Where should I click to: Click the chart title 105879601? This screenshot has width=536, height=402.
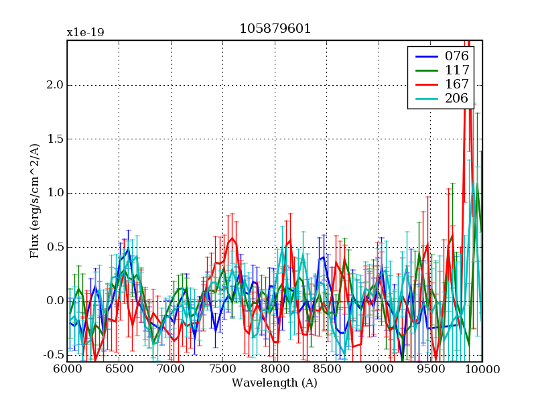click(275, 29)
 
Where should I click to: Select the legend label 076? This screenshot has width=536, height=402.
click(456, 56)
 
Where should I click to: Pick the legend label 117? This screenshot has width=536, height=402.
click(456, 70)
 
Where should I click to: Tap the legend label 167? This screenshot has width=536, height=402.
click(456, 84)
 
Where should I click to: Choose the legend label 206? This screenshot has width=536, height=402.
click(456, 98)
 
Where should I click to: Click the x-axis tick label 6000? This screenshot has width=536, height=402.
click(67, 369)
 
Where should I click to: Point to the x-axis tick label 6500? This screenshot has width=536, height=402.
click(119, 369)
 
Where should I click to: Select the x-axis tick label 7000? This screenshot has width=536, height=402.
click(171, 369)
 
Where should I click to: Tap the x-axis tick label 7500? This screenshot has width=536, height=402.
click(223, 369)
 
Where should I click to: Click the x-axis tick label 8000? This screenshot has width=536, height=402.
click(275, 369)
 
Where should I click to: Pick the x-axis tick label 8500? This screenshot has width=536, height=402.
click(327, 369)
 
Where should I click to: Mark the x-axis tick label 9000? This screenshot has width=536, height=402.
click(379, 369)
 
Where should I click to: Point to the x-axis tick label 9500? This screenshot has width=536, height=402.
click(431, 369)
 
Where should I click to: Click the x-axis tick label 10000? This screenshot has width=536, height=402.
click(481, 369)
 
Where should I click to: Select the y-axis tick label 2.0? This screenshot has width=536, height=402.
click(55, 85)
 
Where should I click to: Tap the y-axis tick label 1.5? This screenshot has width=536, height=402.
click(55, 139)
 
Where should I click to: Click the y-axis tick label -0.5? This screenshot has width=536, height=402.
click(53, 355)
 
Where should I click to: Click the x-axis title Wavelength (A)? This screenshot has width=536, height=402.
click(275, 383)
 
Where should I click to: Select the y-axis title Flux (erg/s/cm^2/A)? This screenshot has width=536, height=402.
click(34, 201)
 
